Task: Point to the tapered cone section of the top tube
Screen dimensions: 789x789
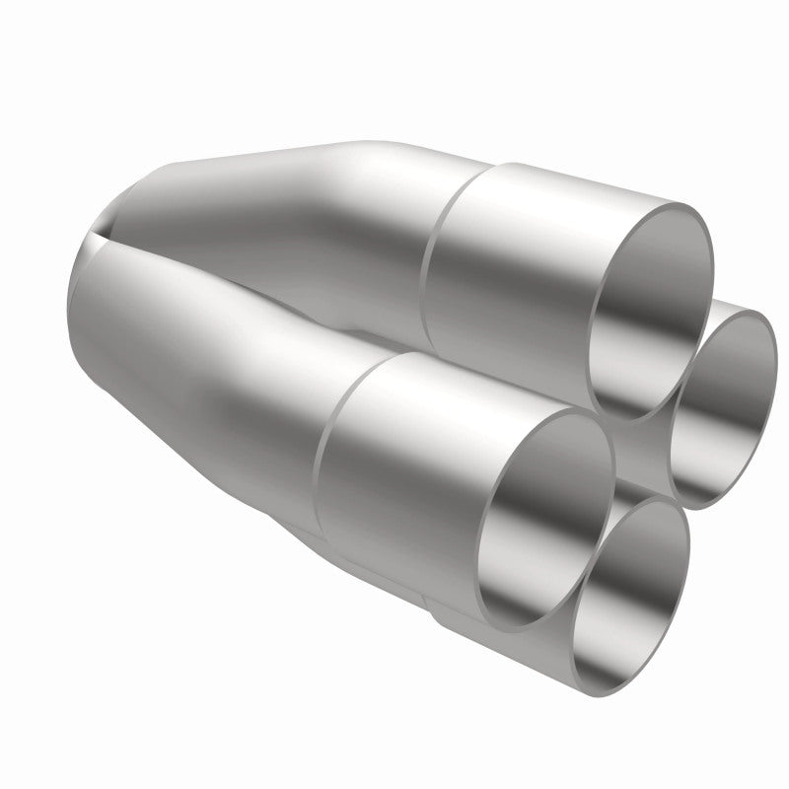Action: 296,187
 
